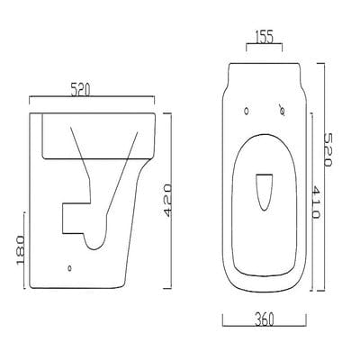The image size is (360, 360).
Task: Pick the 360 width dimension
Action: coord(265,320)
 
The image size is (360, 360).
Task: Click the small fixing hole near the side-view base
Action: coord(71,267)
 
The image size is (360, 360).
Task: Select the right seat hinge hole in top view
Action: coord(282,112)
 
